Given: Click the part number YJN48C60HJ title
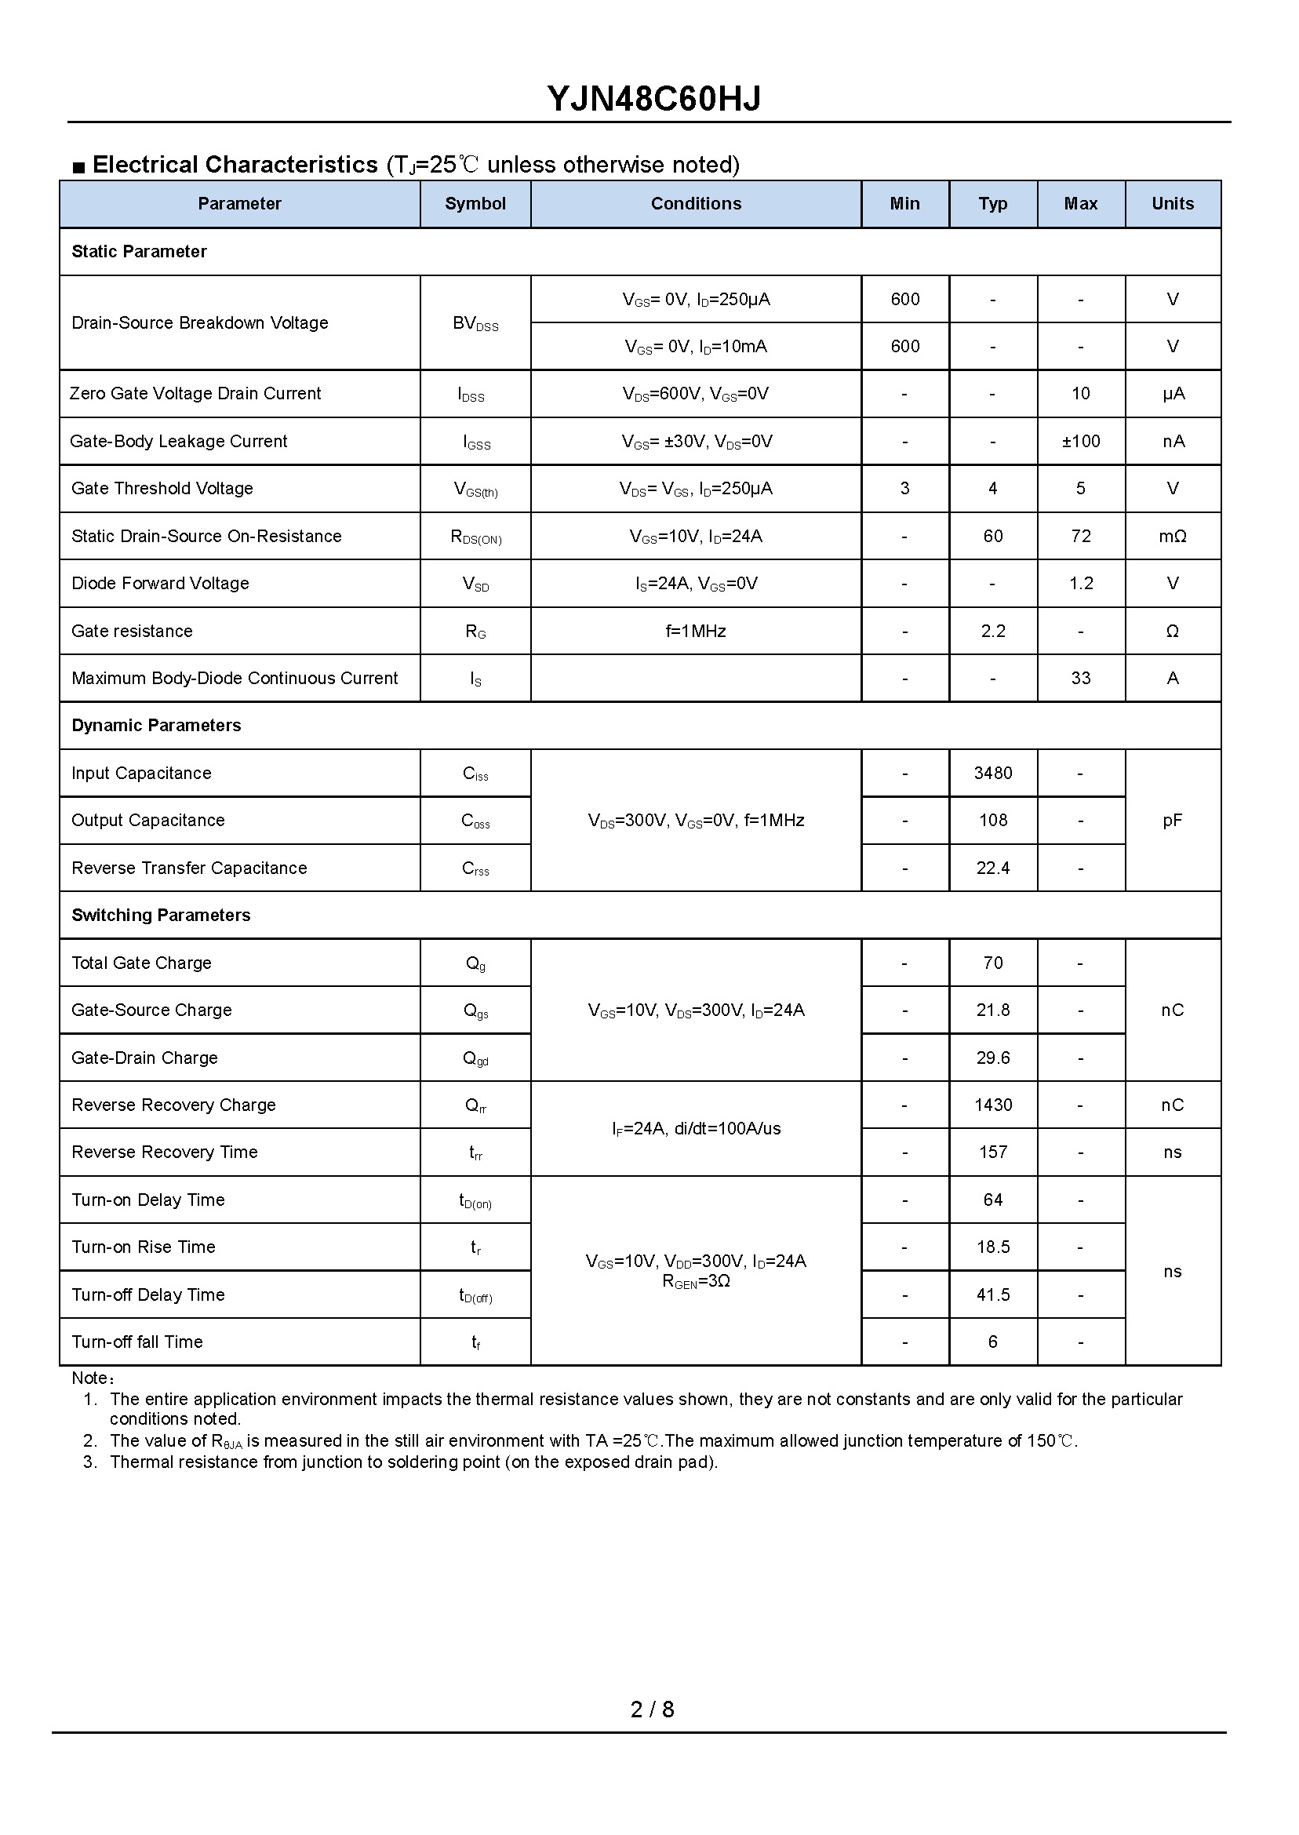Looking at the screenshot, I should tap(653, 99).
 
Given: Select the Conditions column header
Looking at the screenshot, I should tap(696, 204).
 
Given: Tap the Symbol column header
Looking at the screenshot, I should tap(475, 204).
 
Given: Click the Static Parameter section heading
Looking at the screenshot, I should tap(139, 252).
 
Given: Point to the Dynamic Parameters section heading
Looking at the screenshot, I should tap(156, 726).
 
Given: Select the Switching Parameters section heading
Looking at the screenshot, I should tap(161, 915).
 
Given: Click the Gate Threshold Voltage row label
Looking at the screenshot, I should tap(162, 489).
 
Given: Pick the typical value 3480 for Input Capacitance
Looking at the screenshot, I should tap(992, 774).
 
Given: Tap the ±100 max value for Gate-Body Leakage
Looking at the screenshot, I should tap(1081, 442).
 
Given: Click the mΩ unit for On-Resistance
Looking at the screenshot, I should tap(1172, 537).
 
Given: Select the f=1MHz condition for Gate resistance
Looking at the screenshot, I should tap(696, 631).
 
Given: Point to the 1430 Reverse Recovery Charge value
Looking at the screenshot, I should tap(992, 1105).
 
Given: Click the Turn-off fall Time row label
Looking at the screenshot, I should tap(136, 1342).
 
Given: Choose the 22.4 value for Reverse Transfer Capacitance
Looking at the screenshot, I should tap(992, 868).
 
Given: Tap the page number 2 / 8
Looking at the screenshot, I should tap(652, 1709).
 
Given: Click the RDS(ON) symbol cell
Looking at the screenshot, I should tap(476, 537).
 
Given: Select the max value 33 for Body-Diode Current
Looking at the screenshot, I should tap(1081, 679).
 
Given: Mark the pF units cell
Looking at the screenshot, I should tap(1172, 821).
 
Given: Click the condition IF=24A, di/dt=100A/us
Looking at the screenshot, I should tap(696, 1129).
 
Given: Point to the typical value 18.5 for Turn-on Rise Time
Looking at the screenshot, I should tap(992, 1247).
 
